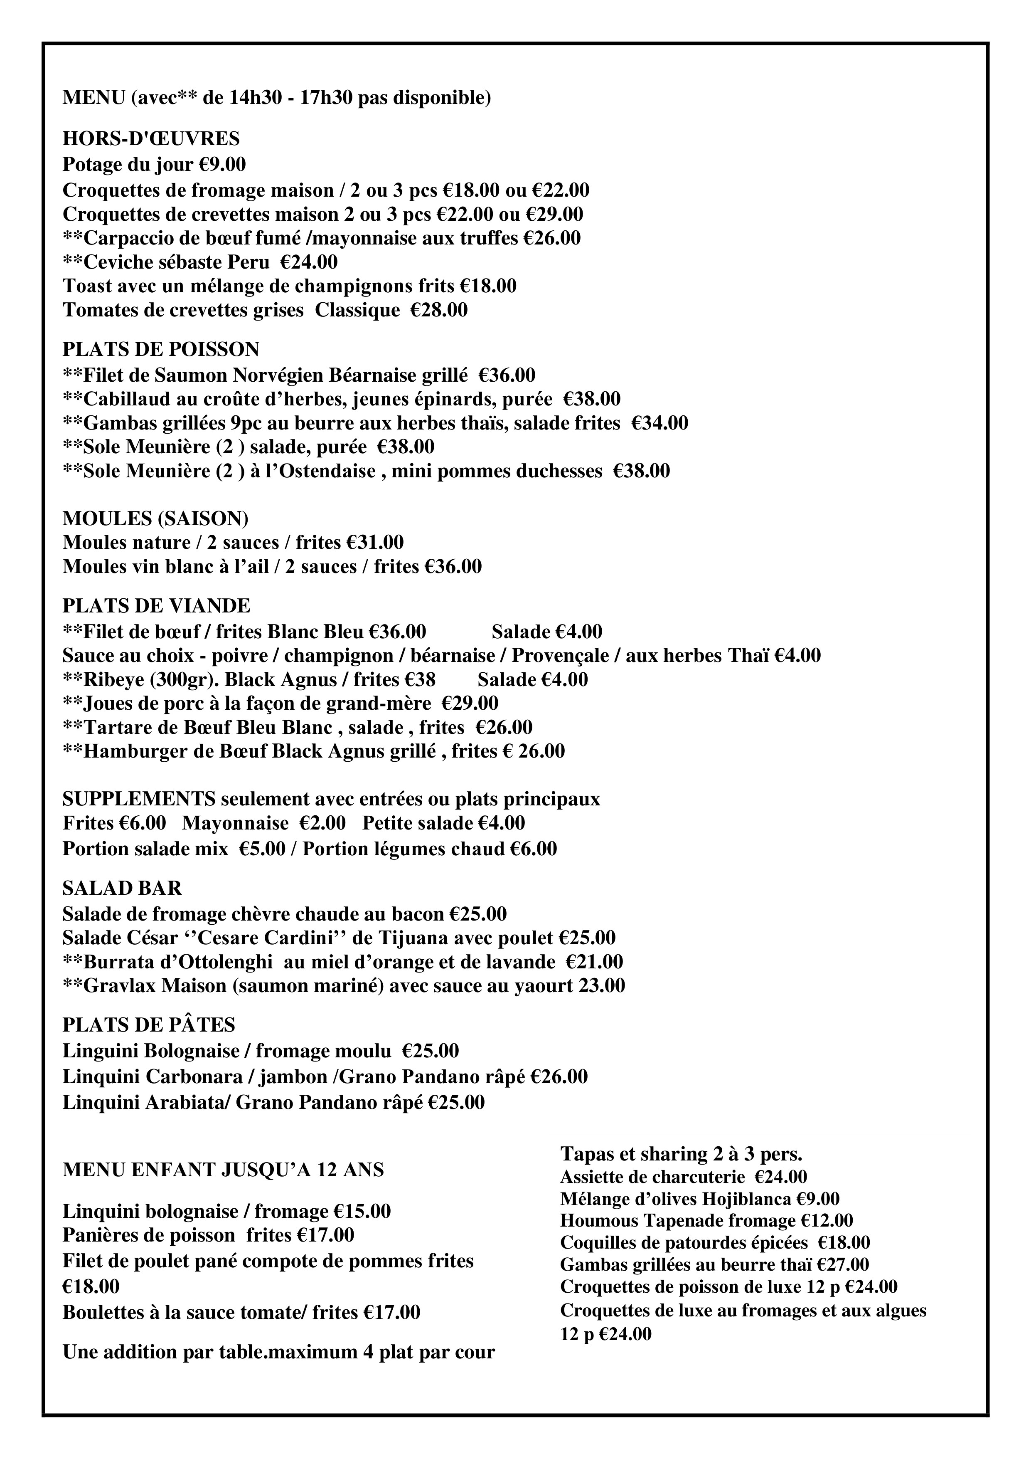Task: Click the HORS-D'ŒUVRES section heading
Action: click(151, 138)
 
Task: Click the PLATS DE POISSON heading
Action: click(161, 349)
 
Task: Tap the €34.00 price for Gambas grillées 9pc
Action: click(660, 423)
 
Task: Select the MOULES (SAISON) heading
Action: click(156, 518)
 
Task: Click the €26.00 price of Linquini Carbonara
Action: click(559, 1077)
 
